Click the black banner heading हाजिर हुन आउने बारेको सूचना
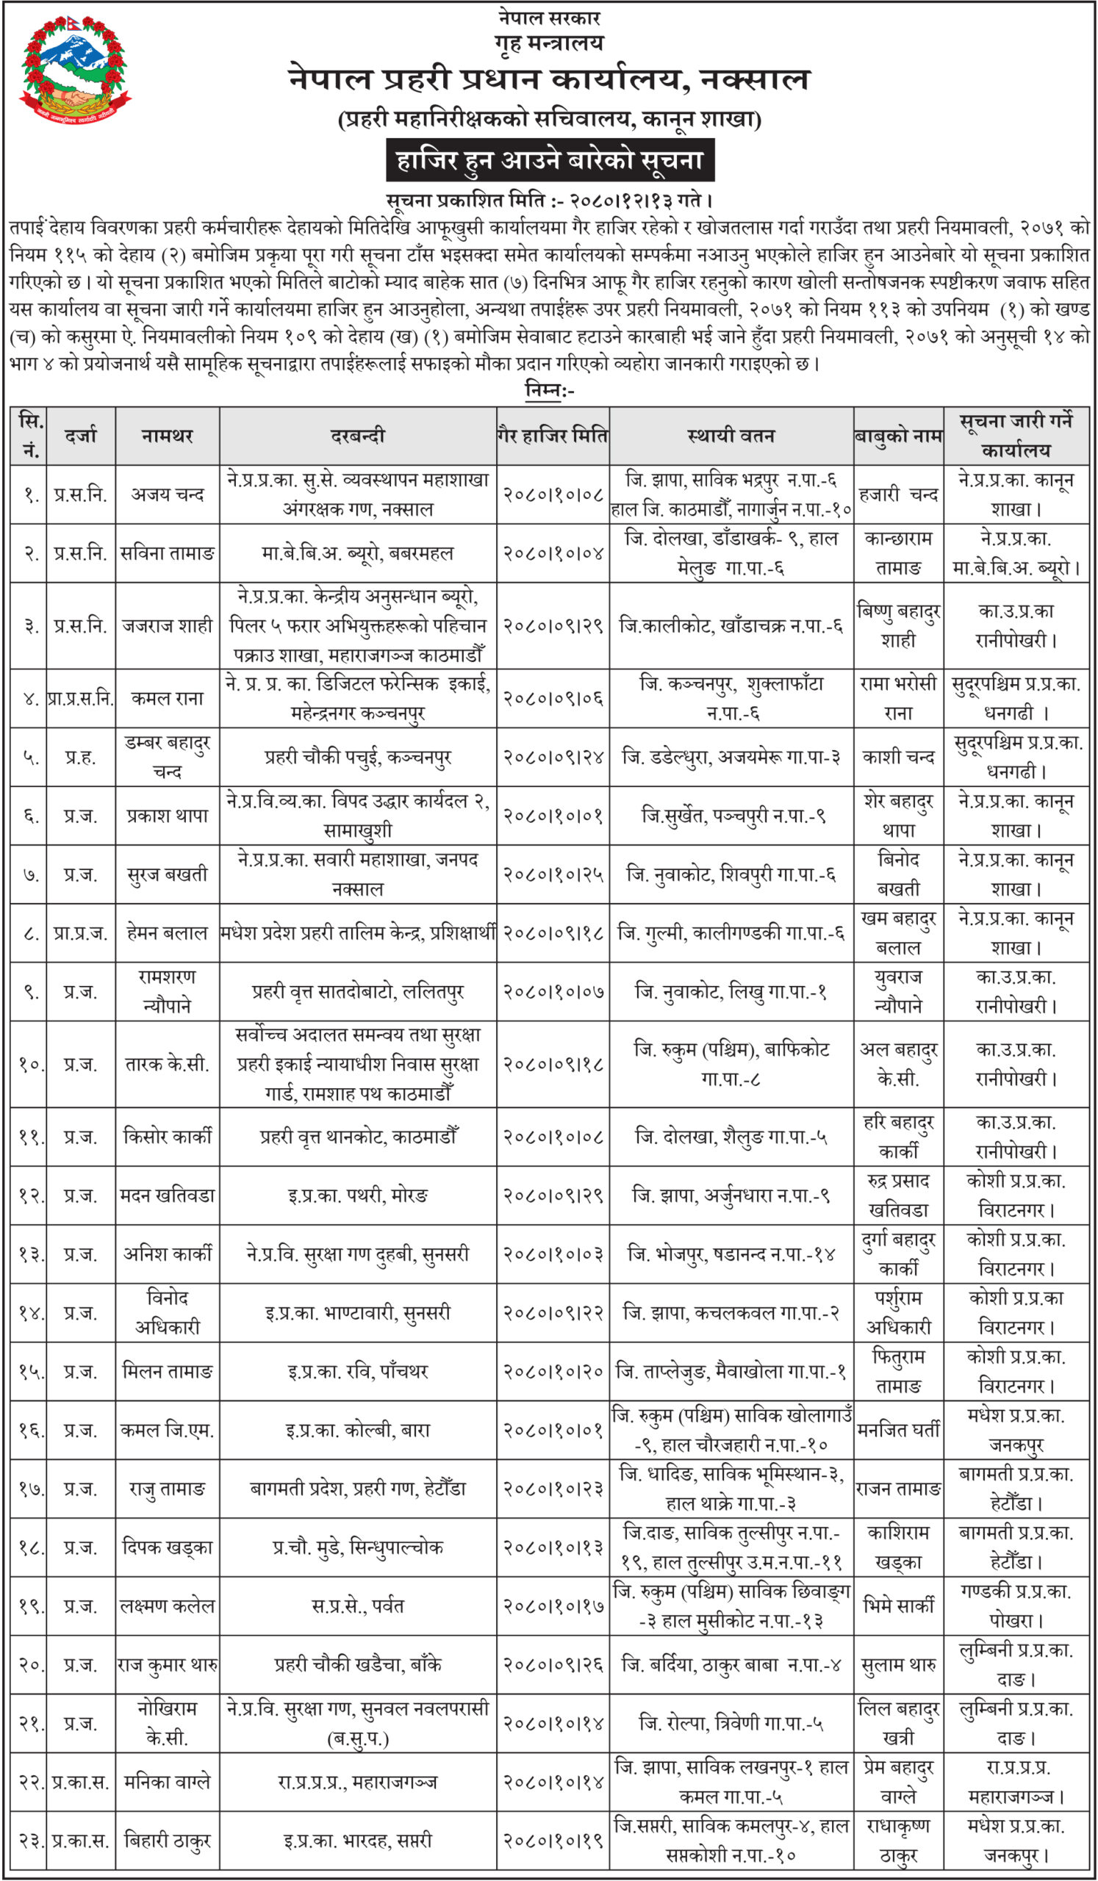coord(550,160)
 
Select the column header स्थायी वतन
coord(731,436)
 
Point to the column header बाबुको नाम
coord(898,436)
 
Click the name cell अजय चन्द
coord(168,494)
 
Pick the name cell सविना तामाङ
coord(168,553)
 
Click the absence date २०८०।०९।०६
coord(553,699)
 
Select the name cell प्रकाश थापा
coord(168,816)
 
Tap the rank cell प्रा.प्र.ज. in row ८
coord(81,933)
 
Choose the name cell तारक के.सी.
coord(168,1065)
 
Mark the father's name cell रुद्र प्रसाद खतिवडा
coord(898,1195)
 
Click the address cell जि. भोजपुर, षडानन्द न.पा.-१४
coord(731,1255)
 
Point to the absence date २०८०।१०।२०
coord(553,1372)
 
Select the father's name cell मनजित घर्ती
coord(898,1431)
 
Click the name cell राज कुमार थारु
coord(168,1664)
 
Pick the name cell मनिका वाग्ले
coord(168,1783)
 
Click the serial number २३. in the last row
coord(29,1841)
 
